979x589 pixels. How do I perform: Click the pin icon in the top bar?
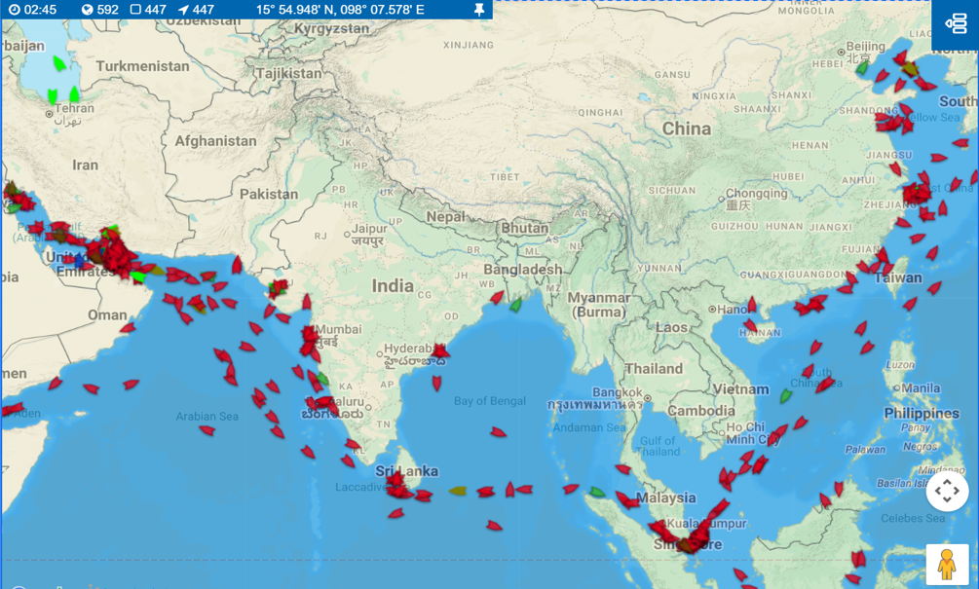[478, 10]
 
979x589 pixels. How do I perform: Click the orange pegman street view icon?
[946, 565]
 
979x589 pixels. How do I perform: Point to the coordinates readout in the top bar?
[340, 10]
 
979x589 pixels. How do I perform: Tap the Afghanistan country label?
[215, 141]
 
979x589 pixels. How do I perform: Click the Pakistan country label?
[269, 194]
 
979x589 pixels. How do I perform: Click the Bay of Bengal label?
[489, 401]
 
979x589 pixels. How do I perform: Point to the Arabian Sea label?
[207, 417]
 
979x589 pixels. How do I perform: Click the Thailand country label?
[654, 369]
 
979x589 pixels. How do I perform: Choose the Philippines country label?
[922, 413]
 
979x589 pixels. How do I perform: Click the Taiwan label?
[898, 277]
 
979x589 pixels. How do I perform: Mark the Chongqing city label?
[755, 193]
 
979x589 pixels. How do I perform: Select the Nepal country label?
[445, 217]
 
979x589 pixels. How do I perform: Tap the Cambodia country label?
[701, 411]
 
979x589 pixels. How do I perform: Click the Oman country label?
[107, 314]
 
